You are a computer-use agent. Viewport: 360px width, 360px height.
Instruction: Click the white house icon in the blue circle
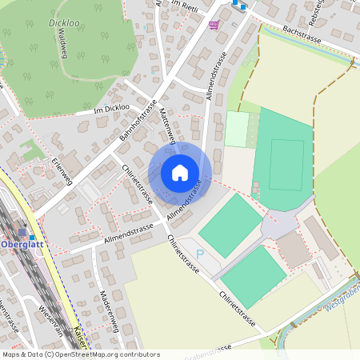[180, 172]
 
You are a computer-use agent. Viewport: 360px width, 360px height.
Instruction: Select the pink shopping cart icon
[214, 25]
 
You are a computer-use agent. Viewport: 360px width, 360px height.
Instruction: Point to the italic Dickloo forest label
[63, 23]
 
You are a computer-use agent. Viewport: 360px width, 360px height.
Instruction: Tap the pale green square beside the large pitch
[236, 129]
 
